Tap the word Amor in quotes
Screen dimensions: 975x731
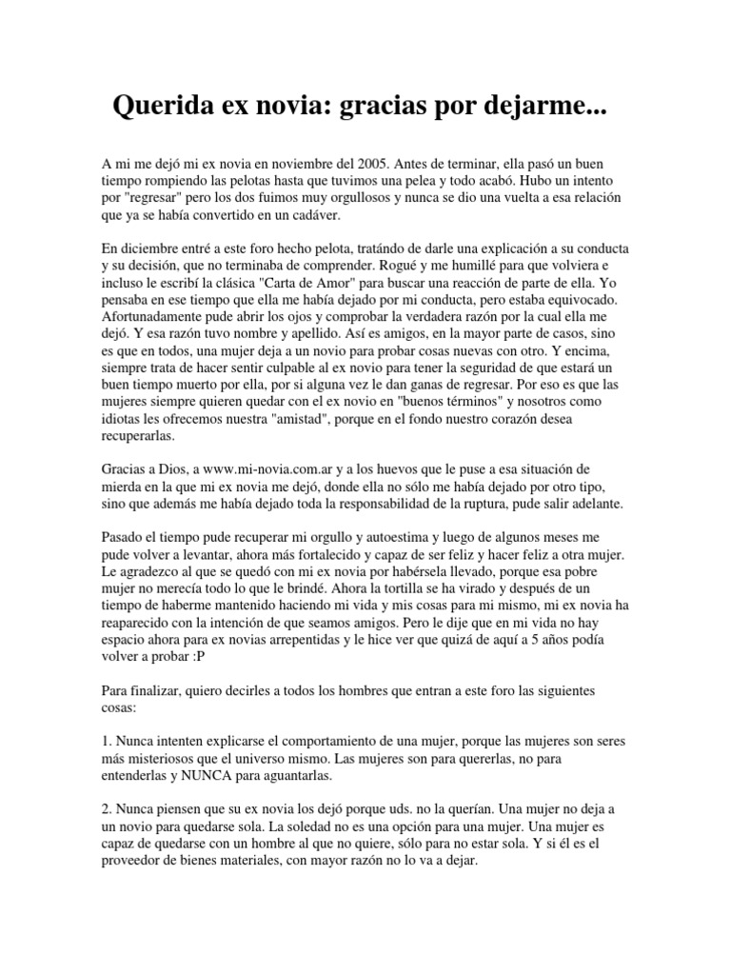(x=374, y=283)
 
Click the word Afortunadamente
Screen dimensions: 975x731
(x=157, y=317)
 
